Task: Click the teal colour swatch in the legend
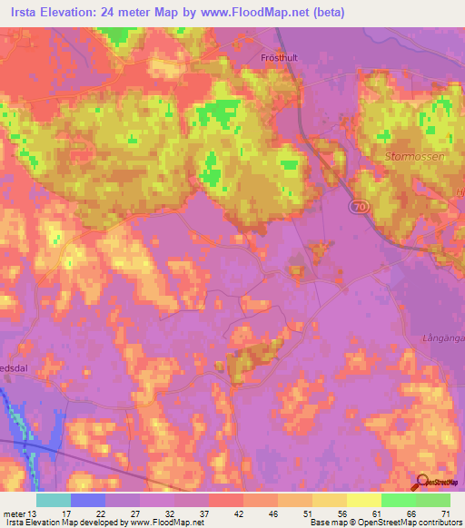point(53,499)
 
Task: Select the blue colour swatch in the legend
point(87,499)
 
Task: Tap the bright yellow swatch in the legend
point(363,499)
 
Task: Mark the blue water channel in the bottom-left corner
point(20,417)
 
